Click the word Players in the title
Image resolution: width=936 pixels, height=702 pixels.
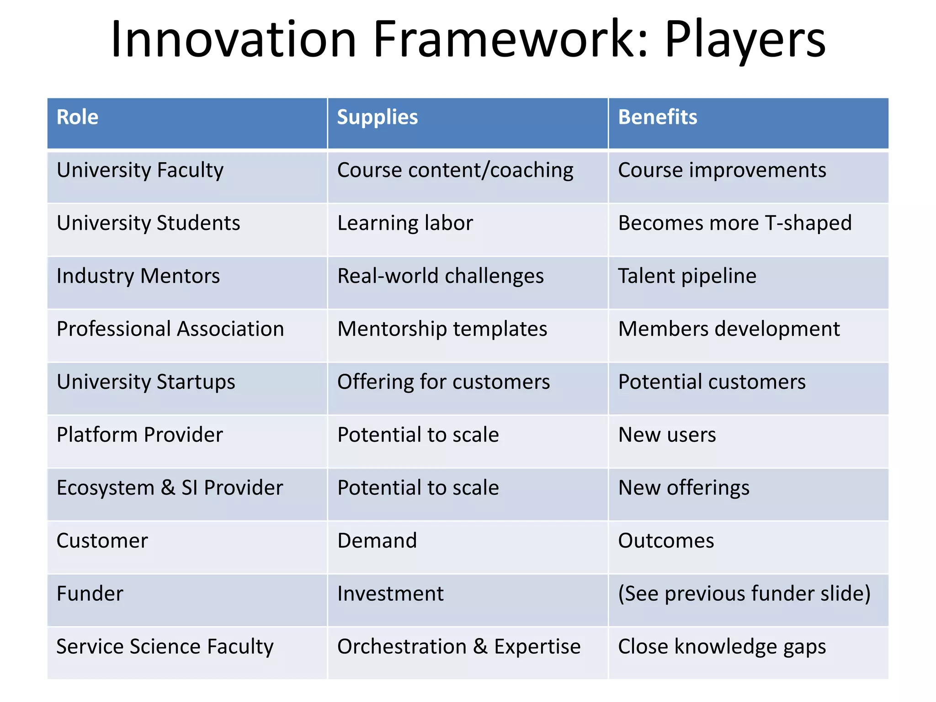tap(745, 40)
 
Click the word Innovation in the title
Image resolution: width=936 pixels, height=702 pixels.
tap(233, 40)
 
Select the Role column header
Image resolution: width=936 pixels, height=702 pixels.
tap(77, 117)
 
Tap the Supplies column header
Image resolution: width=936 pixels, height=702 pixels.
tap(377, 117)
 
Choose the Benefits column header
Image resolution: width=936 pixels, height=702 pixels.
tap(657, 117)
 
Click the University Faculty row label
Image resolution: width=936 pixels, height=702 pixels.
tap(140, 170)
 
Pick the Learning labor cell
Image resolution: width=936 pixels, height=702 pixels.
tap(405, 223)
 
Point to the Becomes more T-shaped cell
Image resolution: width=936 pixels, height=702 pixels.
tap(734, 223)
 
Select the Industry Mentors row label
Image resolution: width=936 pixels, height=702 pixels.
tap(138, 277)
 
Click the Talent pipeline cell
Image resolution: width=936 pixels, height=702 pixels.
tap(687, 277)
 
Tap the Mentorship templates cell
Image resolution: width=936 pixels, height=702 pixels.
tap(442, 330)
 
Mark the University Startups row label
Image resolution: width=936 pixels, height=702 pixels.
tap(146, 382)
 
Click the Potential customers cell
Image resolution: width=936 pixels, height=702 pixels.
tap(712, 382)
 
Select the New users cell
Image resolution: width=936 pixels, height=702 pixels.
tap(667, 435)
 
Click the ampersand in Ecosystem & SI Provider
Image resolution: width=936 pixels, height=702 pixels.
tap(168, 488)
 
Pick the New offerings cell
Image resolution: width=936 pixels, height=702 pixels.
tap(683, 488)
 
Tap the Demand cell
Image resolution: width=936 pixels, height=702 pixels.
tap(377, 541)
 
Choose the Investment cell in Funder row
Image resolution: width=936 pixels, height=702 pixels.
tap(390, 594)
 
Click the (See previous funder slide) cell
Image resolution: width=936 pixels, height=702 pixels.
tap(744, 594)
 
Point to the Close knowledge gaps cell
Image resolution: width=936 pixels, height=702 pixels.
tap(722, 647)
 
